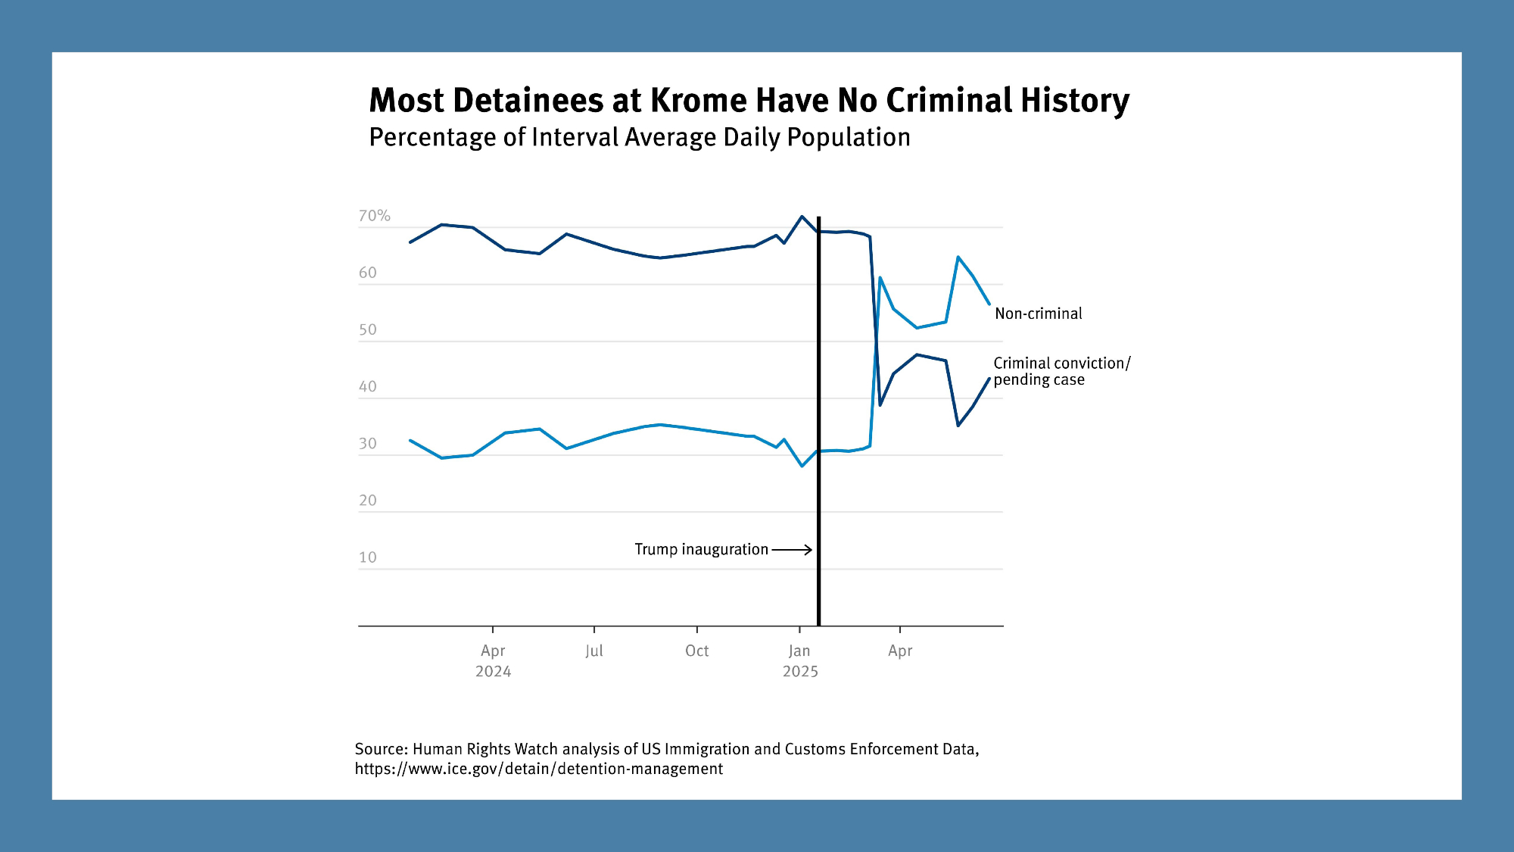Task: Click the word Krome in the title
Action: tap(698, 101)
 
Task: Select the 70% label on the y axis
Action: tap(374, 216)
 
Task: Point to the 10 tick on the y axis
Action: tap(367, 557)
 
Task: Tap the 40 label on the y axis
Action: tap(367, 387)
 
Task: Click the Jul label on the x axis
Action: tap(594, 651)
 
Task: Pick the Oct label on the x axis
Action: tap(696, 651)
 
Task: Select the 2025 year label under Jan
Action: tap(800, 672)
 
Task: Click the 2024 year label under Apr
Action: tap(493, 672)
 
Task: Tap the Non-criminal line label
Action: tap(1038, 314)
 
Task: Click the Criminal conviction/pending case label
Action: tap(1061, 371)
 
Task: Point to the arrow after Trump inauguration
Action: tap(792, 550)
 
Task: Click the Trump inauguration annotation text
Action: tap(701, 549)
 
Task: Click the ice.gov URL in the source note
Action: tap(538, 769)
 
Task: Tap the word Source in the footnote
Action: tap(381, 749)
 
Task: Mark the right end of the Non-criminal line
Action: tap(989, 304)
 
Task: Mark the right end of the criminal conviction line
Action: tap(989, 379)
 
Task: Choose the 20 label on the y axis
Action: tap(367, 501)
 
